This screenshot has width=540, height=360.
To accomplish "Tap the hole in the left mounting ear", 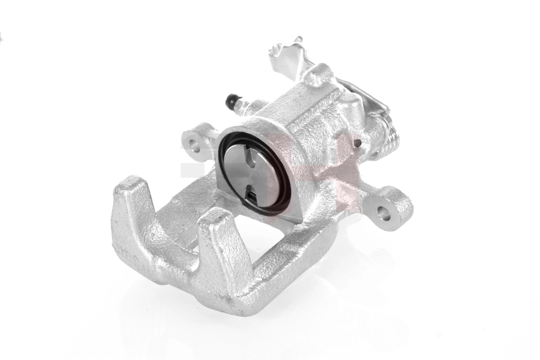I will [x=194, y=144].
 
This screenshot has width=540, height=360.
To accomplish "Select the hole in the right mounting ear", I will [x=383, y=213].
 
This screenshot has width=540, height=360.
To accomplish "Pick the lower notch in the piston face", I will [x=253, y=196].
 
